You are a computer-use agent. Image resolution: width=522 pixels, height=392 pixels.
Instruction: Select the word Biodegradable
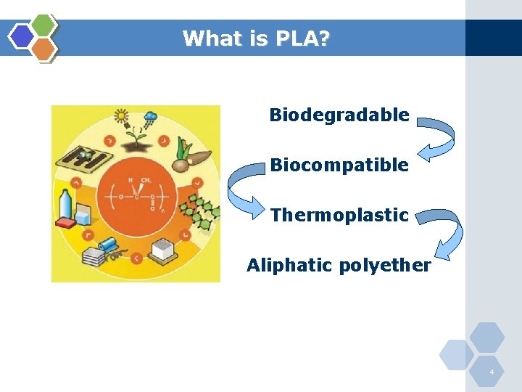339,115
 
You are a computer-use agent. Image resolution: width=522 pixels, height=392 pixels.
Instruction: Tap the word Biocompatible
339,165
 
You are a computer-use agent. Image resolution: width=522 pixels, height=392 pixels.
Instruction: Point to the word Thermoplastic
339,215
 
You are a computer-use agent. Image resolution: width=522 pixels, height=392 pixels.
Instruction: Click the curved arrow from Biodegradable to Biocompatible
439,138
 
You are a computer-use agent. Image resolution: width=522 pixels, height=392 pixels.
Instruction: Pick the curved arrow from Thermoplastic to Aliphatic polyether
444,232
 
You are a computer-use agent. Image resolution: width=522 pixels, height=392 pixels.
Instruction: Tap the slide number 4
492,372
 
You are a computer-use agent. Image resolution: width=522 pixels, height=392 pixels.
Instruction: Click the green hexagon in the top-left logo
43,25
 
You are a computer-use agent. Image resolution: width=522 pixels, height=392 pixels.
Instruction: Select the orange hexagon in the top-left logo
43,49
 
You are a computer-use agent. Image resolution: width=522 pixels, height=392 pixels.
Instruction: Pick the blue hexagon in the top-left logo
22,36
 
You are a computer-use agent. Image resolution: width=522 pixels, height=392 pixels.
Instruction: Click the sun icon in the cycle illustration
121,115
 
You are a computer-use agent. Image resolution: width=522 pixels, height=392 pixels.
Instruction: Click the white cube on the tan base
164,248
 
